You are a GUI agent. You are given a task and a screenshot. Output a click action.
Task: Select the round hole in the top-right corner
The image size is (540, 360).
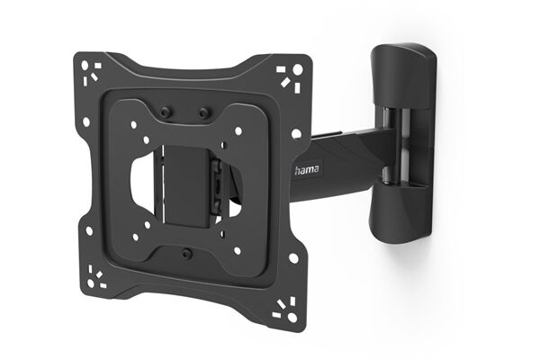coord(300,69)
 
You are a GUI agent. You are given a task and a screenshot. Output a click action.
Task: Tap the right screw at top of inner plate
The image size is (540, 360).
coord(203,112)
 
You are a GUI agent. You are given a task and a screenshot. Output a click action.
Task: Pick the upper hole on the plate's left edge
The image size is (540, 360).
coord(86,121)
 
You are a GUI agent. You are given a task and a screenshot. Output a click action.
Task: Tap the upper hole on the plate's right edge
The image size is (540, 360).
coord(296,133)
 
